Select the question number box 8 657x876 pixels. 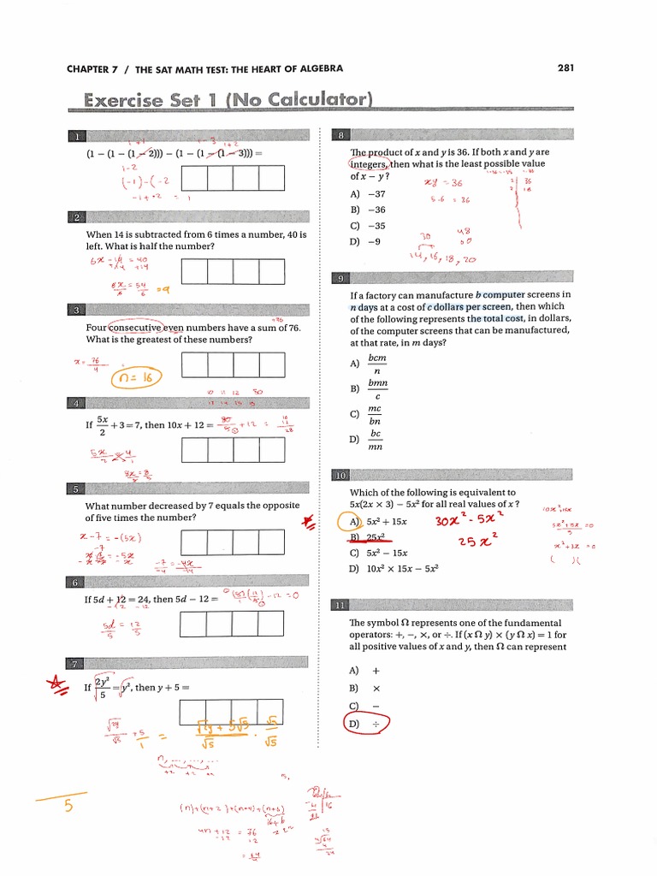coord(341,136)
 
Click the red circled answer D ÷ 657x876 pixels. coord(366,725)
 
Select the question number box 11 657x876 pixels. coord(341,606)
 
